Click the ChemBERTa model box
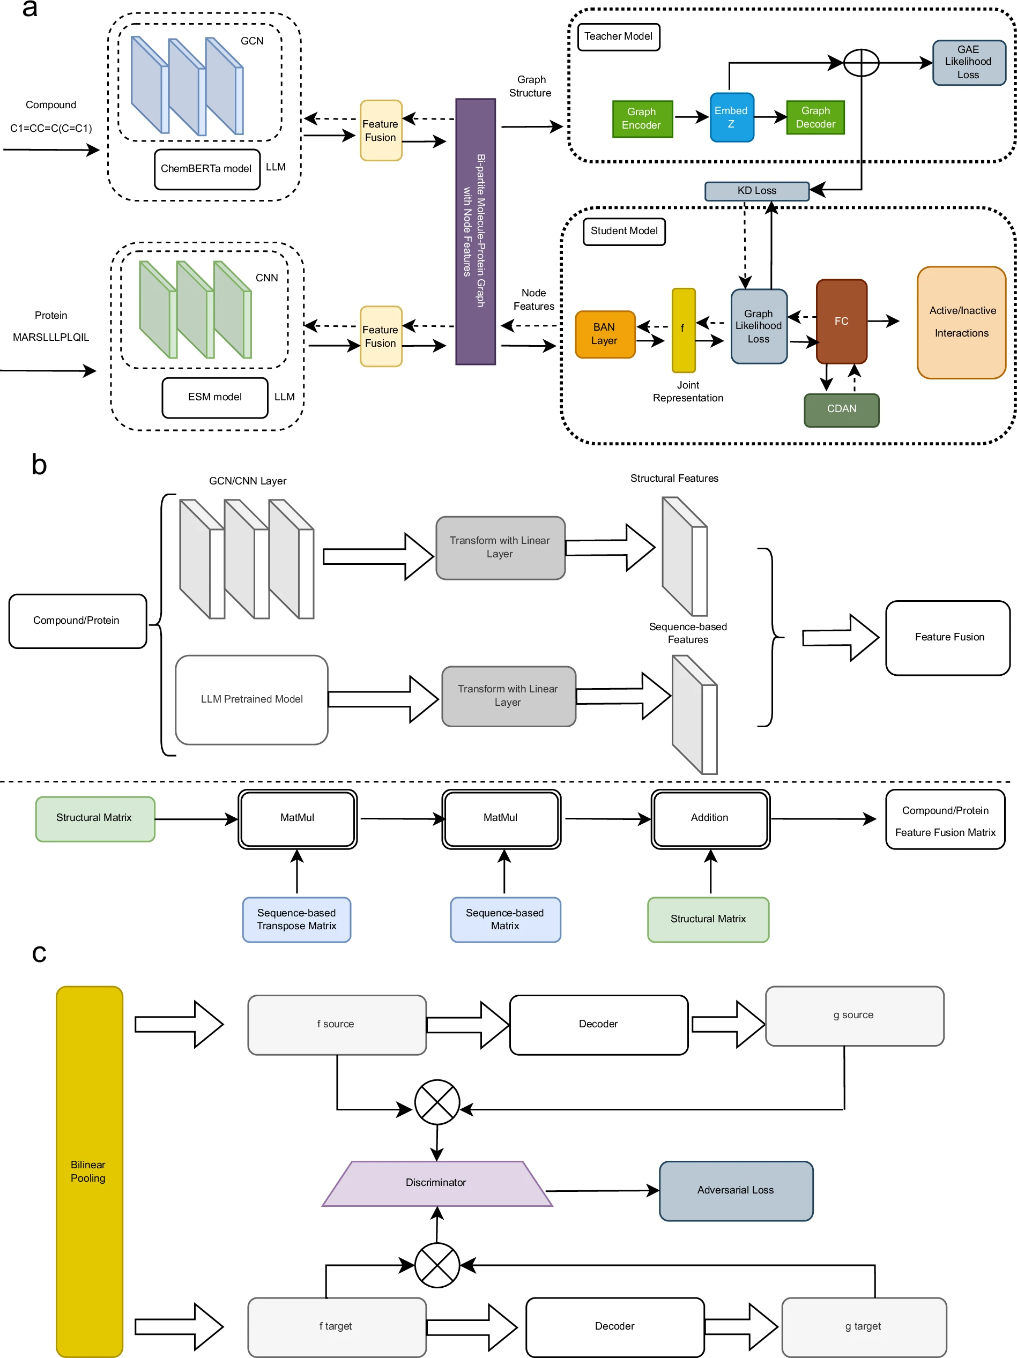pyautogui.click(x=207, y=169)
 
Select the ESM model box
pyautogui.click(x=215, y=397)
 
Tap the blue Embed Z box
pyautogui.click(x=731, y=117)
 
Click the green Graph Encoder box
pyautogui.click(x=642, y=118)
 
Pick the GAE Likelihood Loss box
pyautogui.click(x=969, y=62)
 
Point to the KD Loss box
pyautogui.click(x=756, y=191)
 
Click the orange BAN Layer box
pyautogui.click(x=605, y=334)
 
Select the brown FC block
pyautogui.click(x=841, y=321)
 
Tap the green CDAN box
pyautogui.click(x=841, y=409)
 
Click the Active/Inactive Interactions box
pyautogui.click(x=961, y=322)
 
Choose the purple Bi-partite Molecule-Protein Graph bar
pyautogui.click(x=476, y=232)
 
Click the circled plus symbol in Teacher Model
pyautogui.click(x=861, y=63)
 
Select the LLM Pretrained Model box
pyautogui.click(x=252, y=699)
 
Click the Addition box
pyautogui.click(x=710, y=818)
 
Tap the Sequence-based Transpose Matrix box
pyautogui.click(x=296, y=919)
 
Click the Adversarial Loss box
pyautogui.click(x=736, y=1190)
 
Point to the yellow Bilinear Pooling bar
pyautogui.click(x=90, y=1171)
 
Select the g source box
pyautogui.click(x=853, y=1016)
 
